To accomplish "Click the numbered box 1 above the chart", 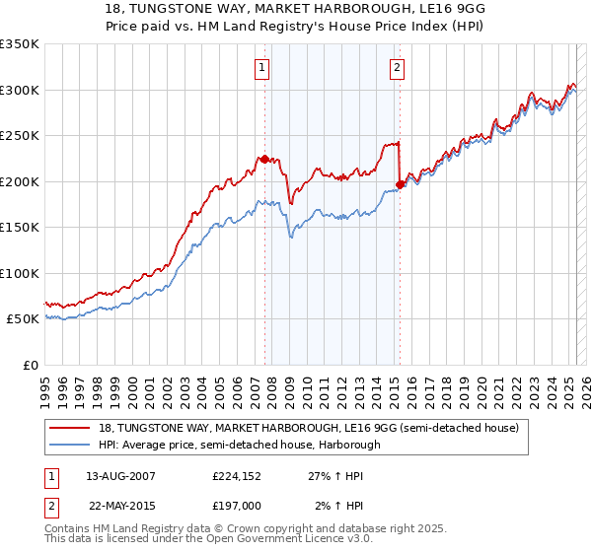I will pyautogui.click(x=262, y=68).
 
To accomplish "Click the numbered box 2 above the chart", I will pyautogui.click(x=397, y=68).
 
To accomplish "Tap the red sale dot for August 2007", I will pyautogui.click(x=264, y=159).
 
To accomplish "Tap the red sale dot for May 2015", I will pyautogui.click(x=400, y=183).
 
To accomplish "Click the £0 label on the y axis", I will pyautogui.click(x=30, y=365).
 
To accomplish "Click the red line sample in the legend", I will pyautogui.click(x=71, y=427).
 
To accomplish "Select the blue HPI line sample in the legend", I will pyautogui.click(x=71, y=445).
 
